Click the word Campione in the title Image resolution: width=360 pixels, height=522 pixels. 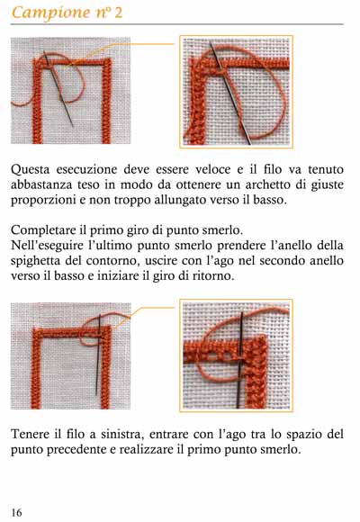coord(50,13)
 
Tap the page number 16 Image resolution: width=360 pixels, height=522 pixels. coord(16,512)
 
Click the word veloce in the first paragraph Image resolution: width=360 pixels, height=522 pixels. coord(212,169)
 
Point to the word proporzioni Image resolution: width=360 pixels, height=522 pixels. coord(40,201)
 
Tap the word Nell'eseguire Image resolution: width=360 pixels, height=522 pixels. coord(48,246)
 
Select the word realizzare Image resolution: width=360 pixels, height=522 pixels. coord(147,449)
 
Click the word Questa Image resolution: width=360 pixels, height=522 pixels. coord(31,169)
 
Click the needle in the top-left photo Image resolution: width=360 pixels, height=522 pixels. coord(58,88)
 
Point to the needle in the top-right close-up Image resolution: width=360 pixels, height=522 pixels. coord(229,94)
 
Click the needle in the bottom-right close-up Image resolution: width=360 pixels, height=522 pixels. coord(240,359)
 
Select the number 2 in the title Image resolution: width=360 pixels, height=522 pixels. coord(119,13)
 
